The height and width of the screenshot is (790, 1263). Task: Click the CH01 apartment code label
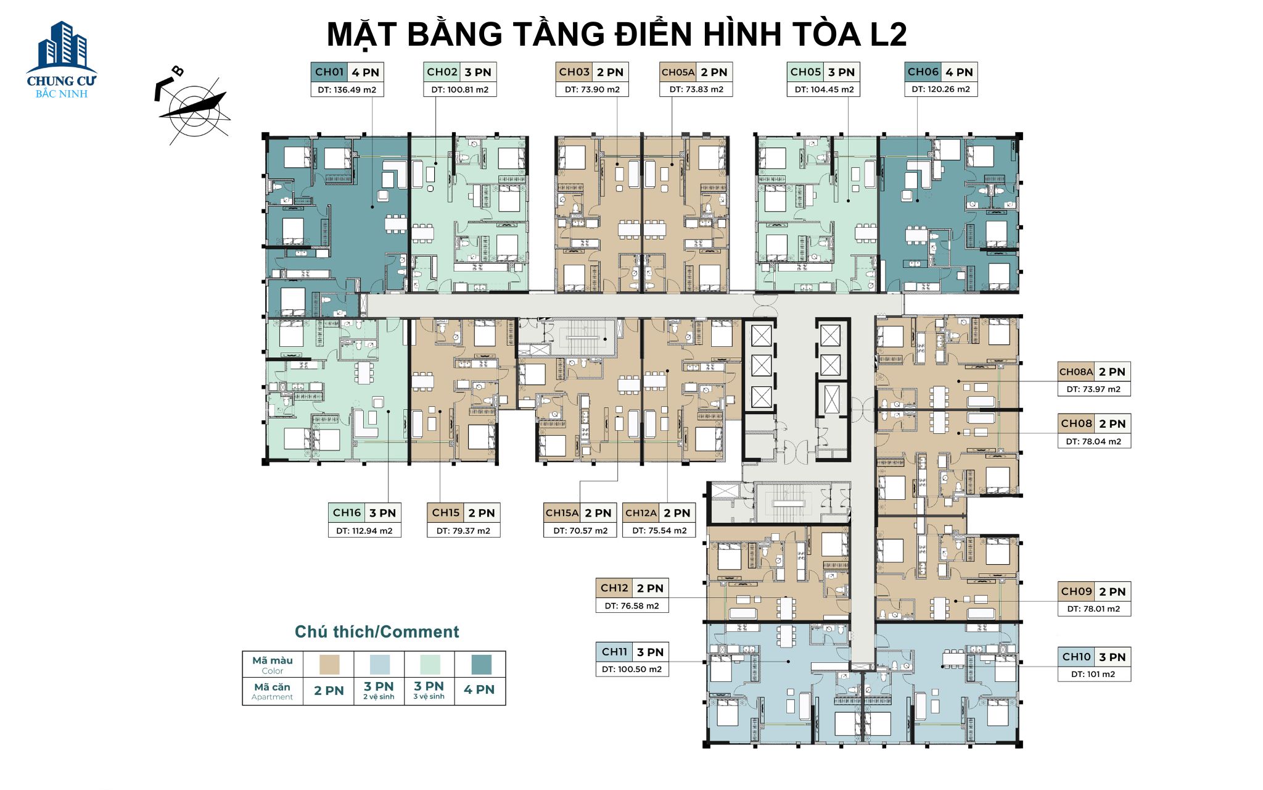click(x=329, y=72)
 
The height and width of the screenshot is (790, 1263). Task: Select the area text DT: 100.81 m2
click(x=459, y=89)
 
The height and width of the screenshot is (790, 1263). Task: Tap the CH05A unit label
click(x=678, y=72)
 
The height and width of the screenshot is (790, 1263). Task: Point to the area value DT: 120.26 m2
click(x=940, y=89)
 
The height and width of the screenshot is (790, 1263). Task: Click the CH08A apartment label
click(x=1076, y=372)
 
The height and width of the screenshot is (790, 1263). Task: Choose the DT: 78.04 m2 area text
click(x=1093, y=441)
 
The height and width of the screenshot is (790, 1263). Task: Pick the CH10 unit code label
click(x=1076, y=657)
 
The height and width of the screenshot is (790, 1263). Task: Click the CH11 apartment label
click(x=614, y=652)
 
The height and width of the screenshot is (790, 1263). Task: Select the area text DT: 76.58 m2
click(x=631, y=606)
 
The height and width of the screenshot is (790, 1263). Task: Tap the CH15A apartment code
click(x=562, y=513)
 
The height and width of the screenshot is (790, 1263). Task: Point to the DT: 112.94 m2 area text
click(x=364, y=531)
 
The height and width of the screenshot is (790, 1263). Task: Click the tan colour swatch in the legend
click(x=329, y=665)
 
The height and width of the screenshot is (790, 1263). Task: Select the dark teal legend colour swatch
click(x=481, y=665)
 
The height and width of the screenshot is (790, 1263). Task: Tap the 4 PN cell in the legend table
click(x=479, y=690)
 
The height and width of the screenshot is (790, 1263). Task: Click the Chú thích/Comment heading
click(x=377, y=632)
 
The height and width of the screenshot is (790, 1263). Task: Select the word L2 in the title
click(x=887, y=35)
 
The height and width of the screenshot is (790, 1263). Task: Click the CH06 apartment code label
click(x=923, y=72)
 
